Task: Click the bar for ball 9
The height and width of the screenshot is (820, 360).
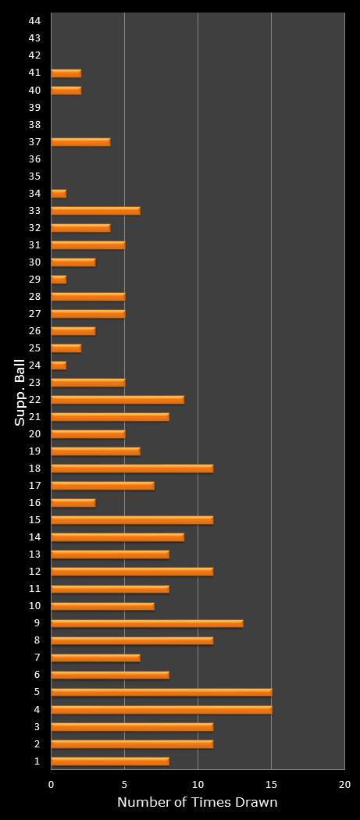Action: pyautogui.click(x=147, y=623)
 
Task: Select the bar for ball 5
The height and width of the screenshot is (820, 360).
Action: pyautogui.click(x=161, y=692)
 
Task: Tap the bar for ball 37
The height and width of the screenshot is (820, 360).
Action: pyautogui.click(x=80, y=142)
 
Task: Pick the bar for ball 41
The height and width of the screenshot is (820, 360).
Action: pyautogui.click(x=66, y=73)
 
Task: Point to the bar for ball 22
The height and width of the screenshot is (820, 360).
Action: pyautogui.click(x=117, y=400)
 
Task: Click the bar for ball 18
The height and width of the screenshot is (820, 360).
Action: pyautogui.click(x=132, y=469)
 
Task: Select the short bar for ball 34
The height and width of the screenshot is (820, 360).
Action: pyautogui.click(x=59, y=194)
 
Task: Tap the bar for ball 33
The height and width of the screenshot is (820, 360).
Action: pyautogui.click(x=95, y=211)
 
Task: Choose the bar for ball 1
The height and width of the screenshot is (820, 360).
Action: pyautogui.click(x=110, y=761)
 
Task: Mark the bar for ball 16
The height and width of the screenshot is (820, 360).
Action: pyautogui.click(x=73, y=503)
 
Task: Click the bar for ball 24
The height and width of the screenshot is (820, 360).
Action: pyautogui.click(x=59, y=365)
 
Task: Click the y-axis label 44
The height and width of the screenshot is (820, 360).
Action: pyautogui.click(x=34, y=21)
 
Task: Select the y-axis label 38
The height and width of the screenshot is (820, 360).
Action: pyautogui.click(x=34, y=124)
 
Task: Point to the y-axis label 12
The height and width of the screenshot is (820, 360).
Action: pyautogui.click(x=34, y=572)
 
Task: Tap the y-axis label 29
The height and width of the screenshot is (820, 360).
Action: pyautogui.click(x=34, y=280)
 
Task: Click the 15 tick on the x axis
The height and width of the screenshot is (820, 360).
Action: pyautogui.click(x=271, y=784)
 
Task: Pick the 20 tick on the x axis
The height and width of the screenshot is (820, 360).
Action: pyautogui.click(x=344, y=784)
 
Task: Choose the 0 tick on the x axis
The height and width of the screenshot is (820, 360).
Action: pyautogui.click(x=52, y=784)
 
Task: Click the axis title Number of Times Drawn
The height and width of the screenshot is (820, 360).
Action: pyautogui.click(x=197, y=803)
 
